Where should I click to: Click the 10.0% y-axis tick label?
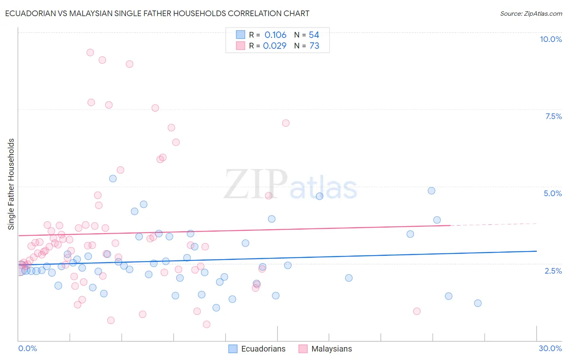coord(550,39)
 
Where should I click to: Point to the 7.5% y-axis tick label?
coord(553,116)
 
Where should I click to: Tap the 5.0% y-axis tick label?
coord(552,193)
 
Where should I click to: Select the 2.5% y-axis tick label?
coord(553,271)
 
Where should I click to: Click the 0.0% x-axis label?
coord(27,348)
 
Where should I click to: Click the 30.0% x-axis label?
coord(550,348)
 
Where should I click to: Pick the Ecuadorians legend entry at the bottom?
coord(257,349)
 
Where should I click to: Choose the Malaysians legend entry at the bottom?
coord(325,349)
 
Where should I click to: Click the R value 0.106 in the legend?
coord(275,35)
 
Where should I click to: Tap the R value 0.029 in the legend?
coord(275,46)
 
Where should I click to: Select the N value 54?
coord(314,35)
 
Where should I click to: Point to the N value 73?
coord(314,46)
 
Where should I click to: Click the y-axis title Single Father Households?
coord(11,184)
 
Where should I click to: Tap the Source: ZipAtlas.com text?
coord(531,14)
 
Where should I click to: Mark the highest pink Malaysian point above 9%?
coord(90,52)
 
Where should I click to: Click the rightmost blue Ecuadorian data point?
coord(478,303)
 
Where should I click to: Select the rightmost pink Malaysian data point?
coord(417,311)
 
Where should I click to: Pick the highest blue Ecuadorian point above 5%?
coord(113,178)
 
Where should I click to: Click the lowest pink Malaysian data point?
coord(206,324)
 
